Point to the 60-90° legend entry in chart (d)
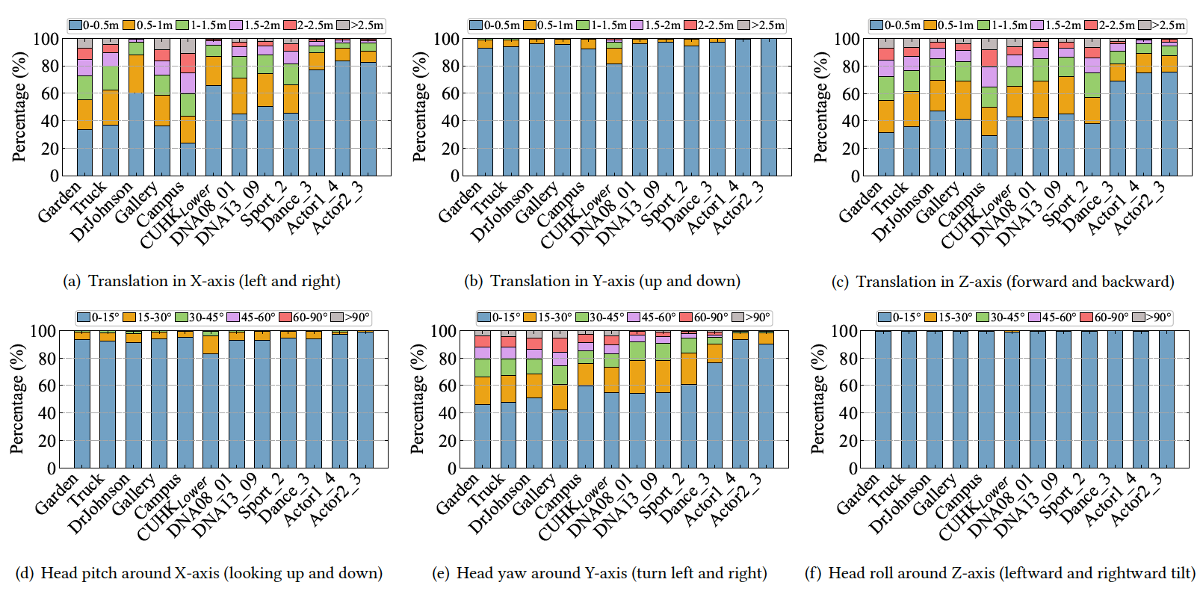tap(304, 318)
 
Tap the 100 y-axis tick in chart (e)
tap(444, 331)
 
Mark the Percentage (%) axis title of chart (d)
tap(16, 399)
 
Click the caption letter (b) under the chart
tap(473, 282)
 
